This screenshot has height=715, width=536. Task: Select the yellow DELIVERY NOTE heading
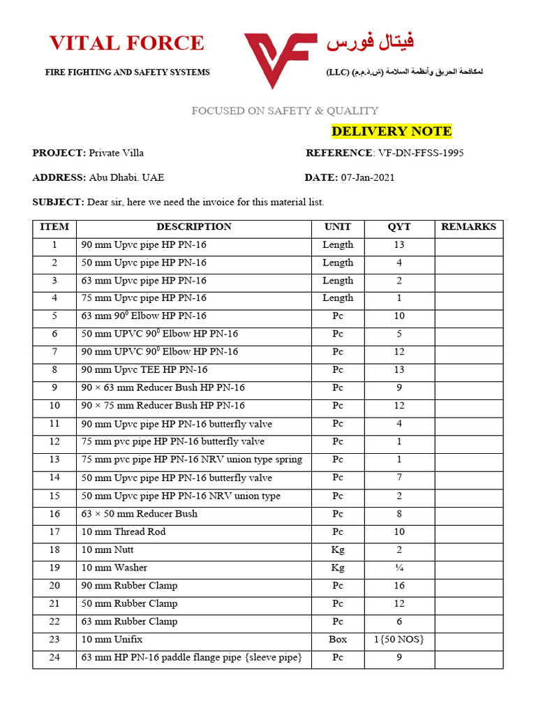392,131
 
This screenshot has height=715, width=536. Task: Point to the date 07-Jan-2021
368,177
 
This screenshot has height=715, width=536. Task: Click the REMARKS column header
469,227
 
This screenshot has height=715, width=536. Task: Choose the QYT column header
399,227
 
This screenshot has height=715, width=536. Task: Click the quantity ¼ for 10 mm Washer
399,568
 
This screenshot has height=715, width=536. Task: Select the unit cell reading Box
338,639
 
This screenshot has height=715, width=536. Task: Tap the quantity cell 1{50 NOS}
399,639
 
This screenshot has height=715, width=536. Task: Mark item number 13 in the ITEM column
54,459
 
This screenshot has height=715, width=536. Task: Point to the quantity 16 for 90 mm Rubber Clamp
399,585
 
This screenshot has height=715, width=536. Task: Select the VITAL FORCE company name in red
127,43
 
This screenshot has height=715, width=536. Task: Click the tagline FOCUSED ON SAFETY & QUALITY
285,110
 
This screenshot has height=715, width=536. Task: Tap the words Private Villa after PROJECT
117,153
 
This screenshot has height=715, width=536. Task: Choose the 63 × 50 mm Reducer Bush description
140,513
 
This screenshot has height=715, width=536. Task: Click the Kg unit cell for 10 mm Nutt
338,550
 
